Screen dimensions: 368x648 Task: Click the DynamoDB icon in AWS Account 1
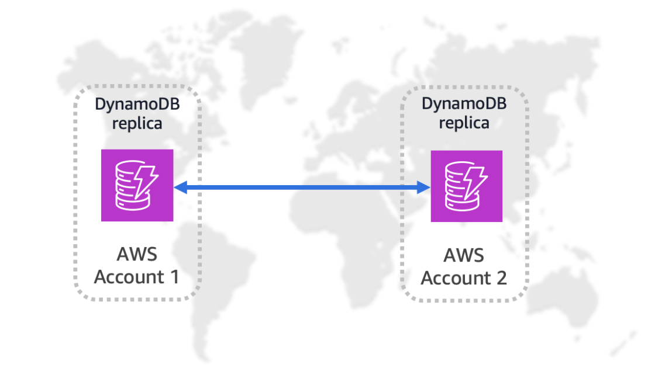point(137,185)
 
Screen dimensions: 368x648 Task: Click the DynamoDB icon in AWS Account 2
point(466,186)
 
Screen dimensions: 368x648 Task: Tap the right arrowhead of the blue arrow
point(425,187)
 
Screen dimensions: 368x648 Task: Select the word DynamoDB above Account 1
point(129,105)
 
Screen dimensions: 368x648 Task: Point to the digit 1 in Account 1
point(173,277)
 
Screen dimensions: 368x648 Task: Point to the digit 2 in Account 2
point(501,278)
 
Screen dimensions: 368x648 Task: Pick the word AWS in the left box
point(137,255)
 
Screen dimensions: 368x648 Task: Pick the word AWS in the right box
point(464,256)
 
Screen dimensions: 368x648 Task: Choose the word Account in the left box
point(127,277)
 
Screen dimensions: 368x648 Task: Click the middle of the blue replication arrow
point(302,187)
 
